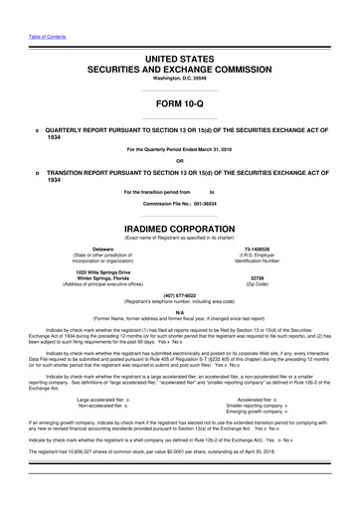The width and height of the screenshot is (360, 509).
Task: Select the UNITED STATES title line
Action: (x=179, y=61)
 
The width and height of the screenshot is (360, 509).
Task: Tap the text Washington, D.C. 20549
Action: (x=179, y=82)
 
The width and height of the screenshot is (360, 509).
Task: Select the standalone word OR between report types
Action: (x=179, y=163)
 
